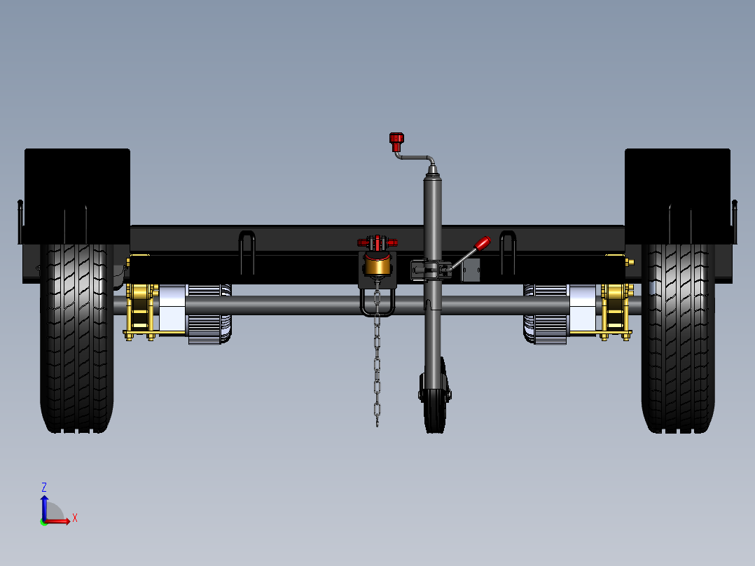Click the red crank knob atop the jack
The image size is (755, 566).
[x=396, y=141]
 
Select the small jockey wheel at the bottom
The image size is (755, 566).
[x=435, y=406]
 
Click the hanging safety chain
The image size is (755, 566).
[x=377, y=364]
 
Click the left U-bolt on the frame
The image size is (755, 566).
[x=247, y=252]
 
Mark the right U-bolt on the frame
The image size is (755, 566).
[x=508, y=252]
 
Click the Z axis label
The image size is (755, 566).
[x=44, y=487]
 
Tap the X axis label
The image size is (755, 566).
[x=74, y=518]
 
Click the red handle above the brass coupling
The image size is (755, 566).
[x=377, y=242]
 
